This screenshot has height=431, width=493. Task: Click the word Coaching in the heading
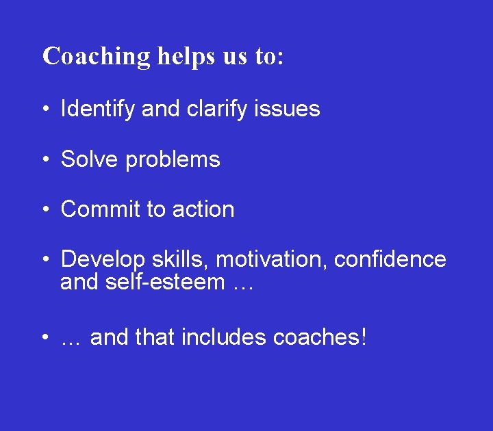click(97, 56)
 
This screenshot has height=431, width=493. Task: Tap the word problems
click(173, 159)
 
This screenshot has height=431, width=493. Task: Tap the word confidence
click(390, 260)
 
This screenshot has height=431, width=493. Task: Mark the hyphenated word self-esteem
click(166, 282)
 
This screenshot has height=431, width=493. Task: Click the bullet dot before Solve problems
click(43, 160)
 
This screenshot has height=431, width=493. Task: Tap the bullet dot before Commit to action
click(43, 210)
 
